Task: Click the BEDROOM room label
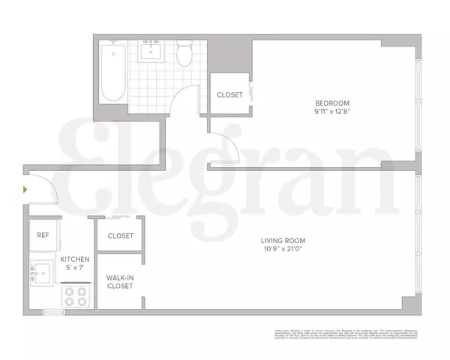pos(332,103)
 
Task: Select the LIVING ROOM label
pos(283,240)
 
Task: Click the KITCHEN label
pos(76,259)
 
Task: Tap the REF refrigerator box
pos(43,235)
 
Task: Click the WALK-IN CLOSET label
pos(120,281)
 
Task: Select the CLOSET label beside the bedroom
pos(229,95)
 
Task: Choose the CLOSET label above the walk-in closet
pos(120,235)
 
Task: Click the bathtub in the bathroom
pos(114,71)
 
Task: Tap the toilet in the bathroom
pos(184,55)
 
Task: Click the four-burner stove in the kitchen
pos(76,297)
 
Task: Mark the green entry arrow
pos(26,190)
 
